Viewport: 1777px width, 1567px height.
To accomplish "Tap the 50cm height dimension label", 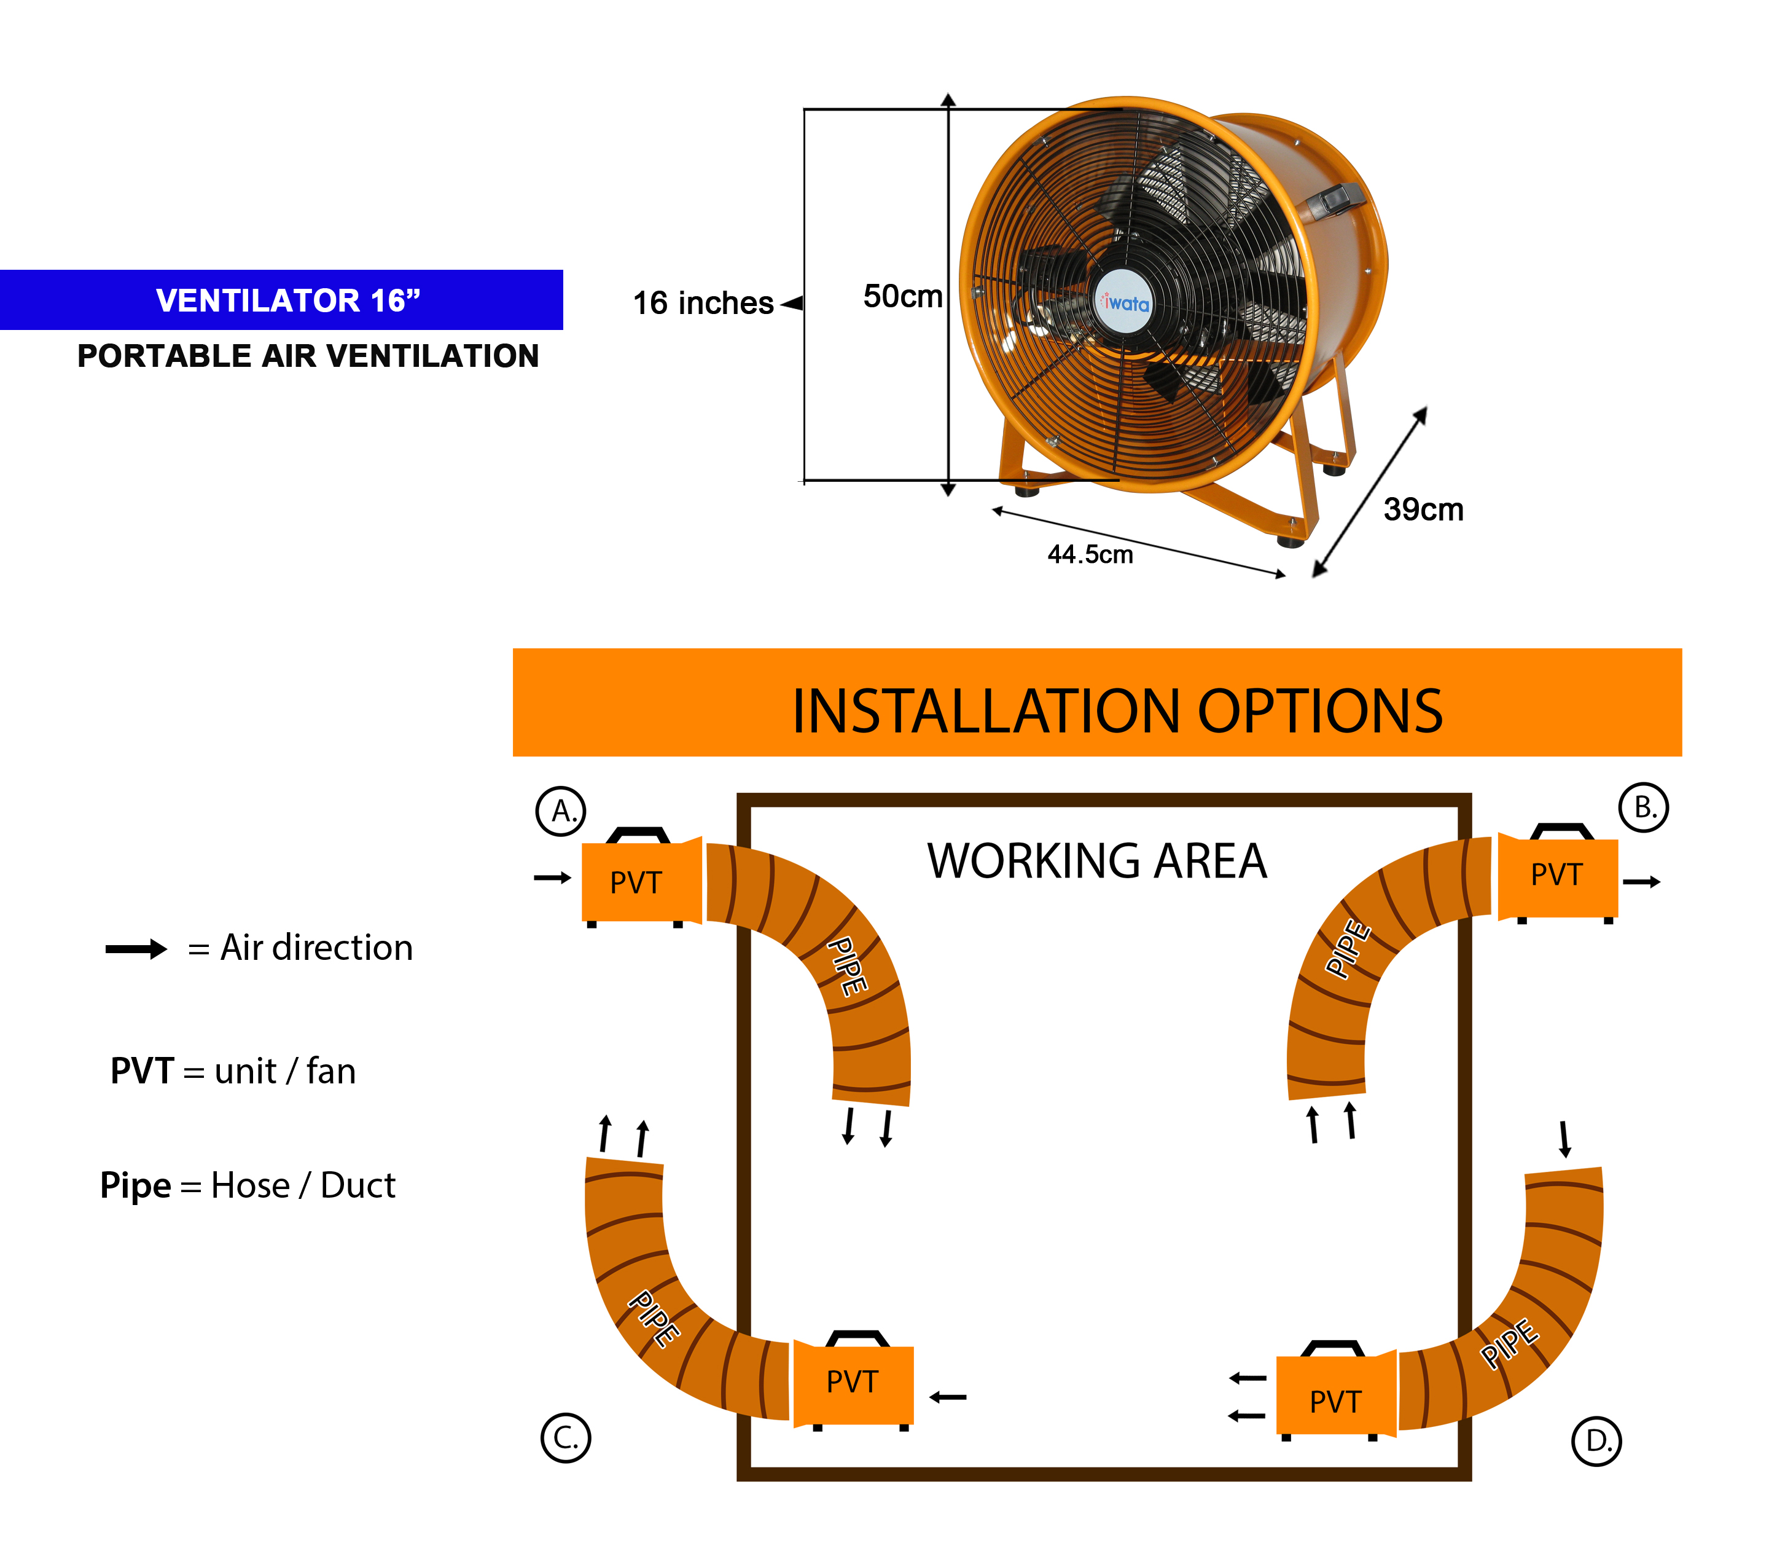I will click(x=902, y=297).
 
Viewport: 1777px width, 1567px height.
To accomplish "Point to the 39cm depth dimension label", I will click(x=1423, y=509).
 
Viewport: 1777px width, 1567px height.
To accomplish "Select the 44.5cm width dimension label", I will click(x=1090, y=555).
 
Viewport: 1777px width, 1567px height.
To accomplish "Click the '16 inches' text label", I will click(x=703, y=304).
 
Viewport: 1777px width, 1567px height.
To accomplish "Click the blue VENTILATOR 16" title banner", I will click(x=282, y=300).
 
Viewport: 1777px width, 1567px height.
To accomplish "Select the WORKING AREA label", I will click(x=1097, y=862).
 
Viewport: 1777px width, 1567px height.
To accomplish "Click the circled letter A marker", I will click(x=561, y=811).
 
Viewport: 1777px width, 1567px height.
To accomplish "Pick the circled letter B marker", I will click(x=1643, y=808).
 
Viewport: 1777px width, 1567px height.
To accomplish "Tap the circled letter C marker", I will click(x=565, y=1439).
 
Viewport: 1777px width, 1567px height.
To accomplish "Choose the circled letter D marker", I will click(x=1597, y=1441).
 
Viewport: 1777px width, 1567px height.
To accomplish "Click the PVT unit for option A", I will click(x=637, y=882).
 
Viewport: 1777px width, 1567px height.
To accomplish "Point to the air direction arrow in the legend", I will click(x=136, y=949).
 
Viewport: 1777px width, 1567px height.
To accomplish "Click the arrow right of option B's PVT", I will click(x=1642, y=882).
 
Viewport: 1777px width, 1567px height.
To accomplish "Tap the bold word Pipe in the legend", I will click(x=136, y=1186).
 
